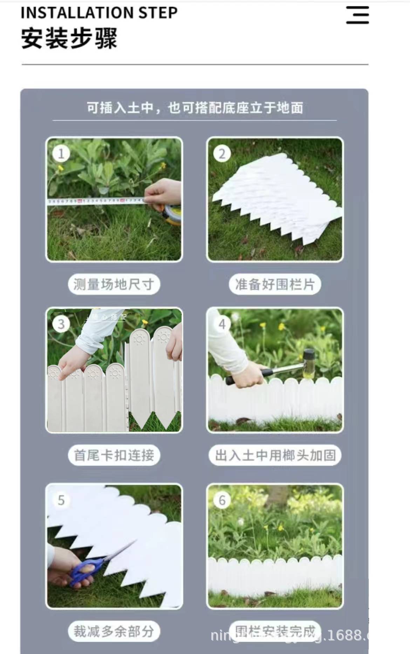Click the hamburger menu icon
[357, 15]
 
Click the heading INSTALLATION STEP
[99, 13]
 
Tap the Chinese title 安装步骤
[69, 38]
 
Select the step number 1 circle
[61, 154]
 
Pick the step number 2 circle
[222, 154]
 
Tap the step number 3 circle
[61, 324]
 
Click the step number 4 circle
[222, 324]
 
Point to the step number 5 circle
[61, 500]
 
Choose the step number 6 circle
[222, 500]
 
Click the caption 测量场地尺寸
[114, 284]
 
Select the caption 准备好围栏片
[275, 284]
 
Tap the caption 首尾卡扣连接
[114, 455]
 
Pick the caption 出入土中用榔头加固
[275, 455]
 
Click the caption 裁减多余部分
[114, 631]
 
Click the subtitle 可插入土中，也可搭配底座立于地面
[195, 108]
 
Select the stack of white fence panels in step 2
[277, 196]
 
